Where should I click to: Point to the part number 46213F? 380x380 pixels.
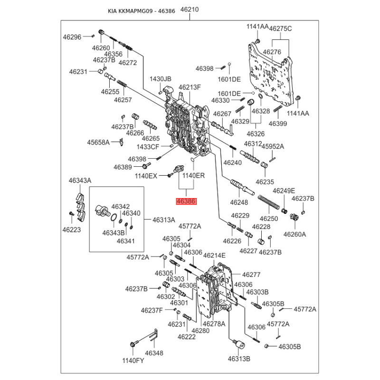pos(190,87)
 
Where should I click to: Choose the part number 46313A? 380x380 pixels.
pos(163,219)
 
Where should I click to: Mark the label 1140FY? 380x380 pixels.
pos(133,360)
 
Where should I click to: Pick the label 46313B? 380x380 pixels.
pos(238,358)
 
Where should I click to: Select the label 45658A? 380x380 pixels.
pos(98,142)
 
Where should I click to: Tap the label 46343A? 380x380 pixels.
pos(80,180)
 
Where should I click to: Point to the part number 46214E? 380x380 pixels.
pos(214,256)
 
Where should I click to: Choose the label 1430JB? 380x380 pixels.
pos(161,78)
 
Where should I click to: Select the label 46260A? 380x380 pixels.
pos(294,234)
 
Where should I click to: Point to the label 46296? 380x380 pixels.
pos(73,36)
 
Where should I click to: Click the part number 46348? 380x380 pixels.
pos(154,353)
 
